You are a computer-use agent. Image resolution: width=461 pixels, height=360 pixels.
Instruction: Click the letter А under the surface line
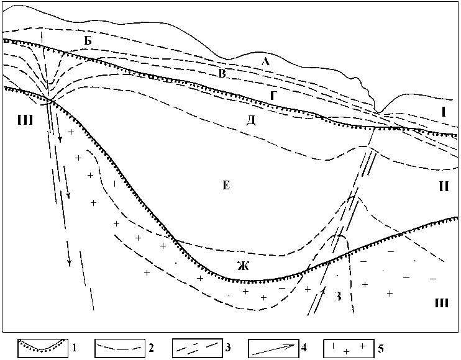(265, 61)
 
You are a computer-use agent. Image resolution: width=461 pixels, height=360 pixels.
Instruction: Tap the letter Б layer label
(88, 40)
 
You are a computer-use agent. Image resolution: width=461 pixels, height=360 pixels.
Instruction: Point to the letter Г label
(273, 95)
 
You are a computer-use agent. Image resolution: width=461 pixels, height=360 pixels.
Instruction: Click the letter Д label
(251, 119)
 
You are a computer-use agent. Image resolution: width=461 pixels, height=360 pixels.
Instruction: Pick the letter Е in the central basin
(226, 185)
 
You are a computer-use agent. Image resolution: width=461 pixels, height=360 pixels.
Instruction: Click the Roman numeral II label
(444, 186)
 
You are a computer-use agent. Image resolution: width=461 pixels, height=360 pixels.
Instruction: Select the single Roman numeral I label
(444, 113)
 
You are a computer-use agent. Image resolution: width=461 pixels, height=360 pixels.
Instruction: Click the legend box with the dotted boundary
(42, 346)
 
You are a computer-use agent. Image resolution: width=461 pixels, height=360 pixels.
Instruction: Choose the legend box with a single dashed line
(120, 346)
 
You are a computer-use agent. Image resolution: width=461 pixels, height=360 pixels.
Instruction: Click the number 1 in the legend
(75, 346)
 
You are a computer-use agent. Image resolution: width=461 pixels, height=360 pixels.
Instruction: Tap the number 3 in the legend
(229, 346)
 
